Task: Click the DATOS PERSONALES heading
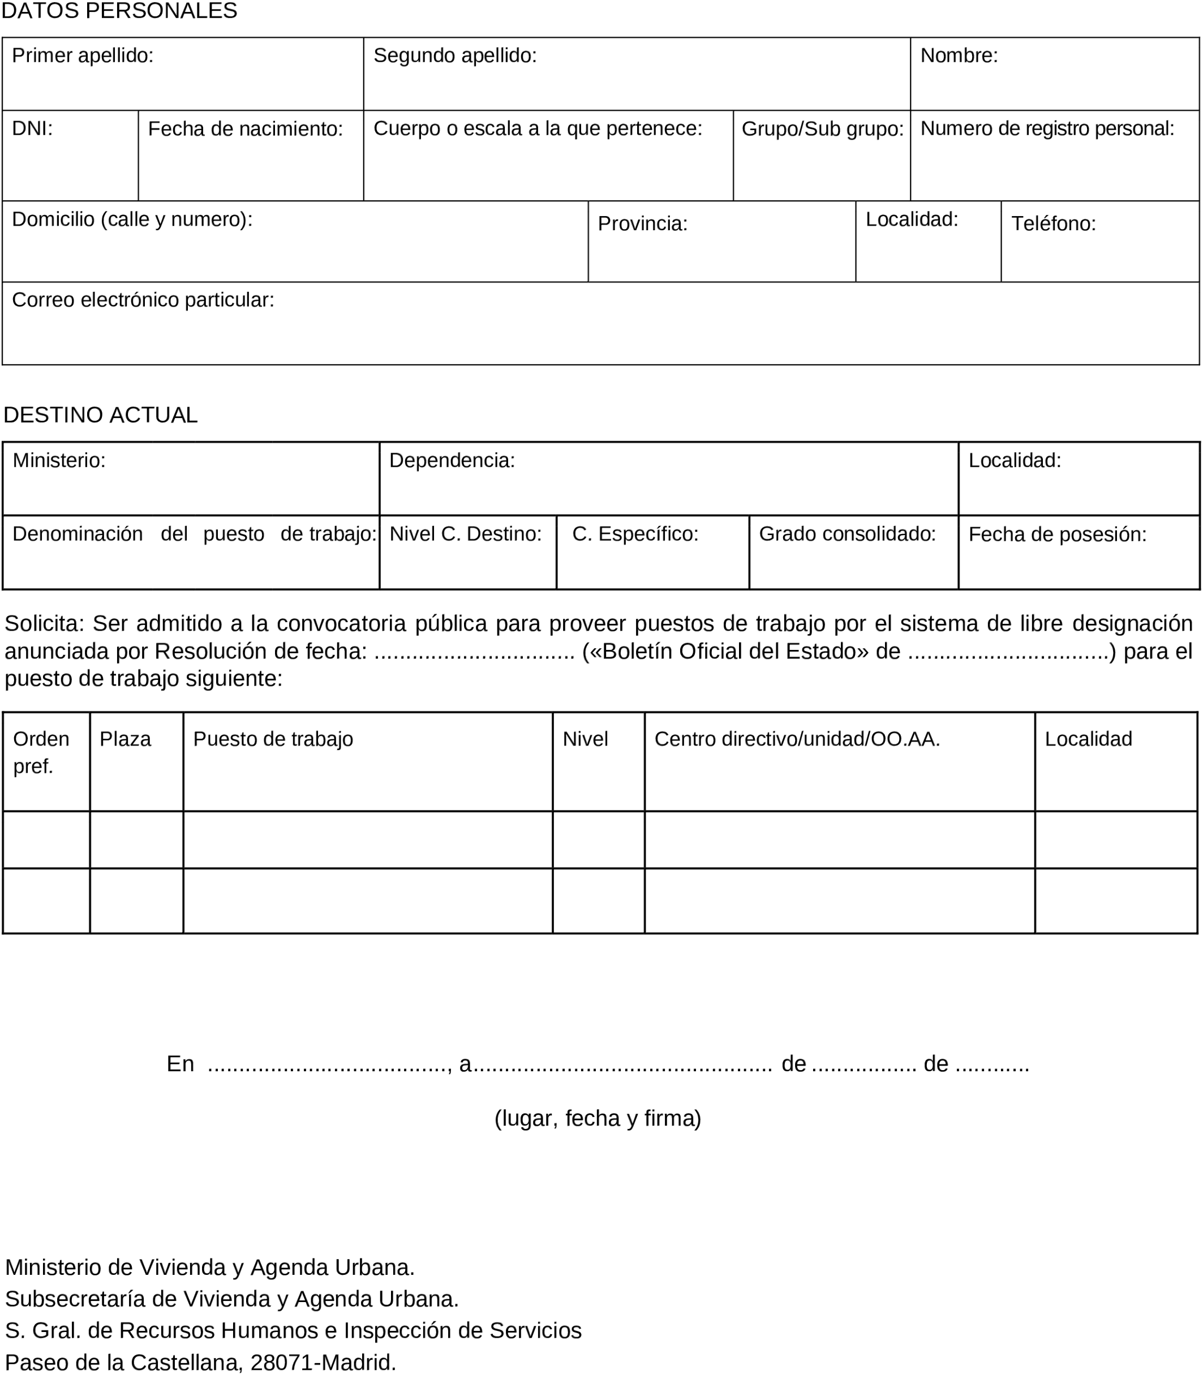tap(119, 11)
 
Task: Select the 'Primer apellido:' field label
tap(83, 55)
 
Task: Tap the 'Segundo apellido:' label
tap(454, 55)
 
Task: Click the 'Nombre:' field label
tap(959, 55)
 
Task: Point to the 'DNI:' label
tap(32, 128)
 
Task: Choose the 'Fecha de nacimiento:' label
tap(245, 129)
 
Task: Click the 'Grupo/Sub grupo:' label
tap(822, 129)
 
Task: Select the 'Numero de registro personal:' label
tap(1047, 128)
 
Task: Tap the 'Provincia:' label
tap(642, 223)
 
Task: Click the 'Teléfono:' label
tap(1053, 223)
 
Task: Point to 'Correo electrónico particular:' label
tap(143, 300)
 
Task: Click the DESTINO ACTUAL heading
tap(101, 415)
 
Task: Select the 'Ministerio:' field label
tap(59, 460)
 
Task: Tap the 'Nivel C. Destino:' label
tap(465, 534)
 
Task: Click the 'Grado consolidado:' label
tap(847, 534)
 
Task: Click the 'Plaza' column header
tap(125, 739)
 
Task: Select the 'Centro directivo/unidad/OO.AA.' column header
tap(797, 739)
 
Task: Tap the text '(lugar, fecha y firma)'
tap(598, 1119)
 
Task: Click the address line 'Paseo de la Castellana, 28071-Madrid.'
tap(201, 1362)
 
